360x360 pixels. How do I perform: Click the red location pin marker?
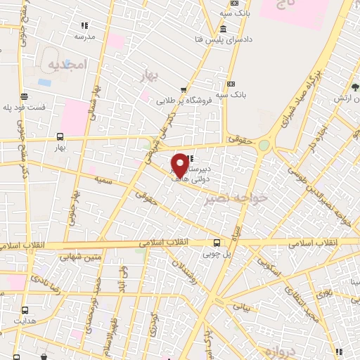click(x=180, y=165)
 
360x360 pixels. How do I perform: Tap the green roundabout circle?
click(x=264, y=146)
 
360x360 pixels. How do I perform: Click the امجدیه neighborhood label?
click(x=67, y=65)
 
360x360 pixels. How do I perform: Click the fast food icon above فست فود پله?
click(x=25, y=97)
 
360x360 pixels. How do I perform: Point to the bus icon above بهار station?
click(x=60, y=138)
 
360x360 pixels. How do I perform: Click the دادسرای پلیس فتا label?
click(x=223, y=39)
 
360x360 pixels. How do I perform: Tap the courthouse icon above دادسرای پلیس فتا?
click(x=223, y=30)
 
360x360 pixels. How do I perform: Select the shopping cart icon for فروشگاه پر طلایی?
click(x=184, y=90)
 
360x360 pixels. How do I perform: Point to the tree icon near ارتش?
click(x=356, y=89)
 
